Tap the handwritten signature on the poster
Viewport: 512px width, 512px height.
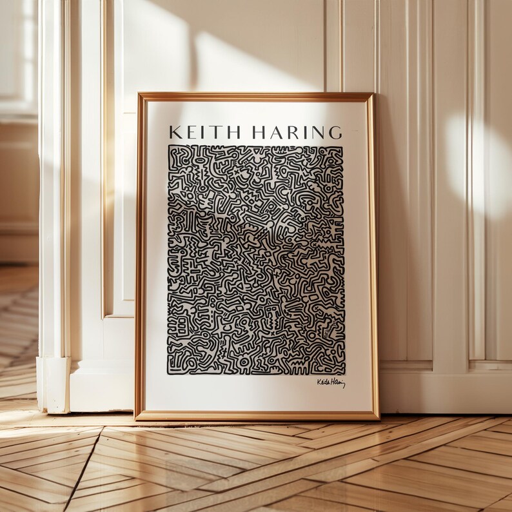pos(331,383)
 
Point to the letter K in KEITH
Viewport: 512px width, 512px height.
pos(173,132)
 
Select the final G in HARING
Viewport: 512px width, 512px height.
pos(335,133)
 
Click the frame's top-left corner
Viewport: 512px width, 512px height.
pos(138,94)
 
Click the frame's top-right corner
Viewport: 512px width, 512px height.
pos(373,94)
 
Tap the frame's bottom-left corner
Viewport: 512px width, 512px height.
pos(135,419)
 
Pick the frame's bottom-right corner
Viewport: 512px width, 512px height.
pos(379,419)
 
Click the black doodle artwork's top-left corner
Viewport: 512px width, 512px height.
pos(169,146)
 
